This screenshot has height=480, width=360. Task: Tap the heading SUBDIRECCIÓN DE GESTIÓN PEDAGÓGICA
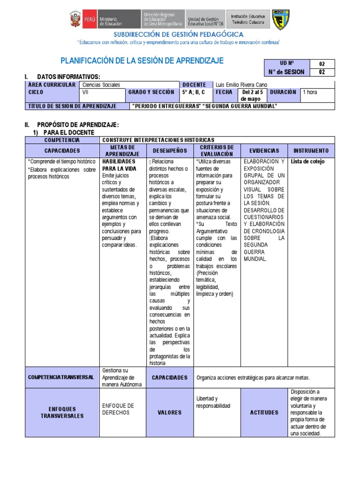(x=179, y=35)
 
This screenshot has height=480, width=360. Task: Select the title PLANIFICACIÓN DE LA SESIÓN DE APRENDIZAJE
(x=142, y=60)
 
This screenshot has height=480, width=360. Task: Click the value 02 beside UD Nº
(x=322, y=64)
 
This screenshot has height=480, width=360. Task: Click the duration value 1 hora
(x=310, y=92)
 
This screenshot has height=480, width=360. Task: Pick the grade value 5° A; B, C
(x=194, y=92)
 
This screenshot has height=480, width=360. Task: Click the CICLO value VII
(x=85, y=92)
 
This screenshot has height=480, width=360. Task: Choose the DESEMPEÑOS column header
(x=169, y=150)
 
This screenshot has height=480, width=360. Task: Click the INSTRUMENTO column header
(x=311, y=150)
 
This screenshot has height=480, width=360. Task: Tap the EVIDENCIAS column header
(x=264, y=150)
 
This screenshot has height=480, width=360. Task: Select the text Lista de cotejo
(x=307, y=162)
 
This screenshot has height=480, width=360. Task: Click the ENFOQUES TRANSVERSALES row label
(x=62, y=412)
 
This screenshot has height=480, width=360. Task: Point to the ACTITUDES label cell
(x=264, y=412)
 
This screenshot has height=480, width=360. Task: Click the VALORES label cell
(x=169, y=412)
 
